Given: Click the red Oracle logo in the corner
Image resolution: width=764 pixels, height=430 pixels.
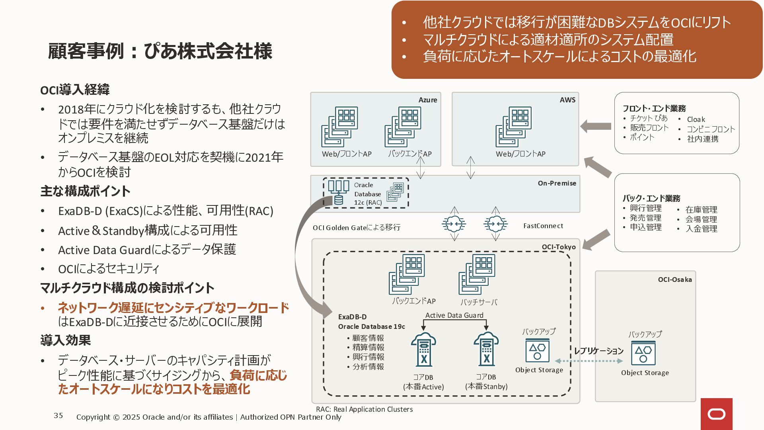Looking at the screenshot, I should coord(716,414).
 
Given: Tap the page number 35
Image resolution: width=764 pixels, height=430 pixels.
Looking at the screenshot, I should coord(58,416).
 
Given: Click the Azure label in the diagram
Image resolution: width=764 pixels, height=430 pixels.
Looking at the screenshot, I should coord(427,100).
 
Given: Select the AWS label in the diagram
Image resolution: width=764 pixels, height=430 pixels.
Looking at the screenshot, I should coord(567,100).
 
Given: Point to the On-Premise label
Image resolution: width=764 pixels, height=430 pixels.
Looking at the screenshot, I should coord(557,183).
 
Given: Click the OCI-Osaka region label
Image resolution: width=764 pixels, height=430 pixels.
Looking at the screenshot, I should coord(674,279).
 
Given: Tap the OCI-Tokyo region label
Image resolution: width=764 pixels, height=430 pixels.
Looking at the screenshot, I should coord(558,247).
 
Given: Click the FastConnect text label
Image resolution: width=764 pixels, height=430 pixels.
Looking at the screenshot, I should coord(543,226).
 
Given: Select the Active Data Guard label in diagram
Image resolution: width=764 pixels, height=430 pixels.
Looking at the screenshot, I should coord(454,315).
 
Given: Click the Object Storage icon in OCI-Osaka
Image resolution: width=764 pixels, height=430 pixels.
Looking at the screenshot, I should coord(643,353).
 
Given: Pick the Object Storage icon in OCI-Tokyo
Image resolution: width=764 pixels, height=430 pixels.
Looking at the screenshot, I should coord(537,350).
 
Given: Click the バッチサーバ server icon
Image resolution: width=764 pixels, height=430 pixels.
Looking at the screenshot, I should coord(477,274).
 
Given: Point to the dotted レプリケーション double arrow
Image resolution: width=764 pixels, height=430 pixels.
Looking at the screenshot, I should coord(589,361).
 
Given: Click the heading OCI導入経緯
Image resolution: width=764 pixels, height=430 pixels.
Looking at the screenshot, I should coord(75,90).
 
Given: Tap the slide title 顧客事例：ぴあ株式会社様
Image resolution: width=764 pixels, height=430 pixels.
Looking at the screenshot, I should coord(160,51).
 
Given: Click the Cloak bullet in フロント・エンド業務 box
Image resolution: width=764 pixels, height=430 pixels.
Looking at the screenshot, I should coord(696,119).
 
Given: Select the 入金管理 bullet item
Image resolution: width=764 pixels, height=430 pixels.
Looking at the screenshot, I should coord(701,229).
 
